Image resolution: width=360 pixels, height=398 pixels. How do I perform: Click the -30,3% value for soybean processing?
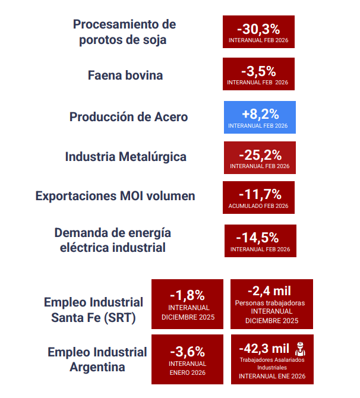(258, 29)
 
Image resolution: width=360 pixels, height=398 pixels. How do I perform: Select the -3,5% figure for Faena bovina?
(258, 71)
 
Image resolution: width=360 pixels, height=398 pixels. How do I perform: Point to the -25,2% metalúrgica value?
(260, 155)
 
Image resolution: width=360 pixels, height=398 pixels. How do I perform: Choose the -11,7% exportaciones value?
(258, 194)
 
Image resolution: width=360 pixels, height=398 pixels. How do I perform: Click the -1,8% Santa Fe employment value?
(187, 295)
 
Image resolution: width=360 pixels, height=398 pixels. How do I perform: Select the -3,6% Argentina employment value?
(187, 351)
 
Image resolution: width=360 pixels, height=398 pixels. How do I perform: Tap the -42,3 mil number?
(264, 348)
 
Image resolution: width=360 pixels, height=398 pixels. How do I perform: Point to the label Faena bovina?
(125, 75)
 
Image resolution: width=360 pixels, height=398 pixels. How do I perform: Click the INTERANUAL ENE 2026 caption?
(271, 376)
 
